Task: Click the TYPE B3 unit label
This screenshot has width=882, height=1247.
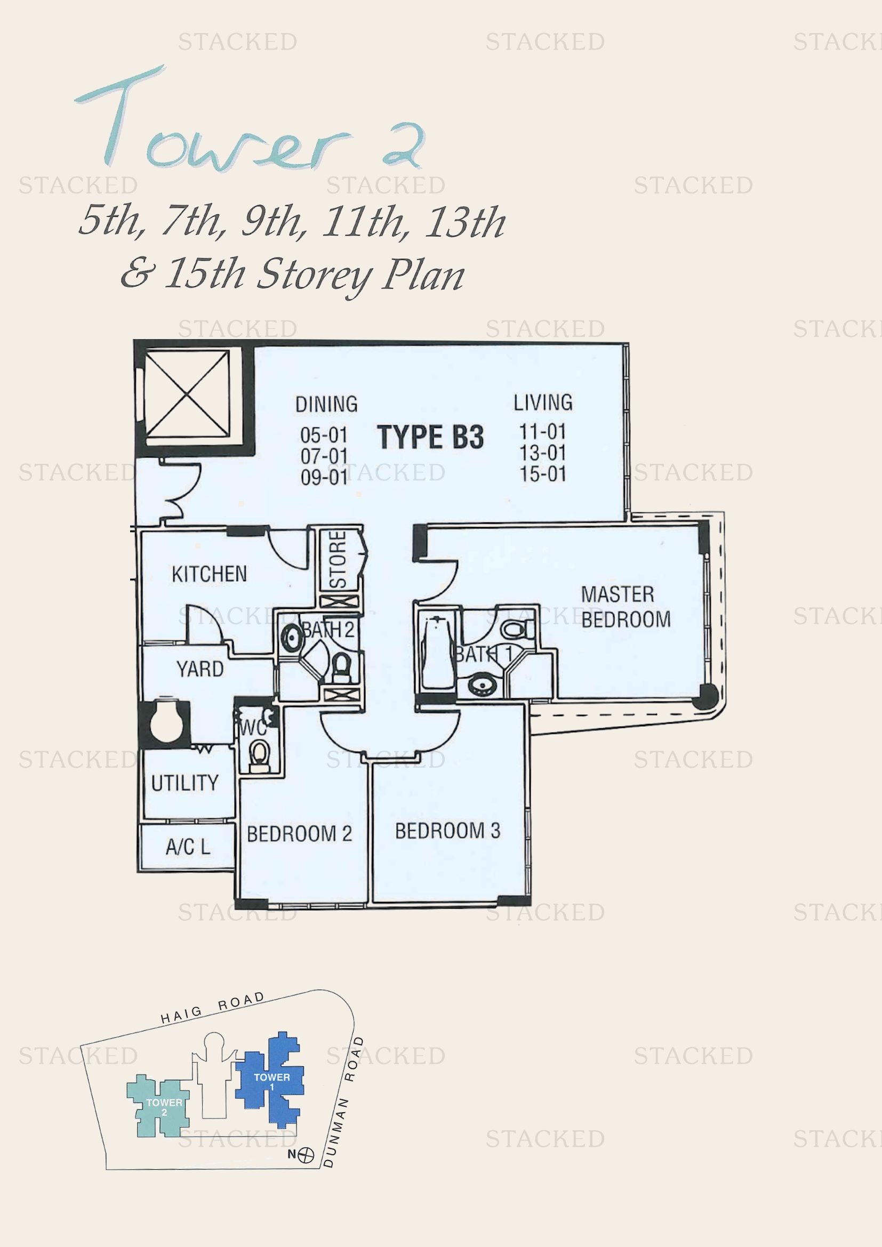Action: click(430, 437)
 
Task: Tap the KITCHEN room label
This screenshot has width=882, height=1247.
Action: click(209, 574)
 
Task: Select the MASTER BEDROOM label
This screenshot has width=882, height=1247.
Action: click(626, 607)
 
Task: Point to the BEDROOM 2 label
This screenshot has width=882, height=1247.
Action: click(299, 834)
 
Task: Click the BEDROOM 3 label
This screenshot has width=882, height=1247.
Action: click(447, 831)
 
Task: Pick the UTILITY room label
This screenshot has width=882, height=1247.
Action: click(185, 783)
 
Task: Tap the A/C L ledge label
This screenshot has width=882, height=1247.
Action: click(187, 847)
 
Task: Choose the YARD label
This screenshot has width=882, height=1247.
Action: click(200, 669)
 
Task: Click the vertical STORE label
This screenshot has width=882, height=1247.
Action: click(338, 559)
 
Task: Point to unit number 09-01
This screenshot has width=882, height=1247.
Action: click(324, 477)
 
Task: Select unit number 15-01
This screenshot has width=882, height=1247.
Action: click(542, 474)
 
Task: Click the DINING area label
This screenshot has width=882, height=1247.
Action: click(326, 405)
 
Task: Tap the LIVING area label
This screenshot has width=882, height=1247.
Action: click(543, 403)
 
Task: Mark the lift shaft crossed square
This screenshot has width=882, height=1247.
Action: click(187, 393)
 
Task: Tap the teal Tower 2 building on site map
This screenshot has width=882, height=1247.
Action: click(158, 1105)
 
